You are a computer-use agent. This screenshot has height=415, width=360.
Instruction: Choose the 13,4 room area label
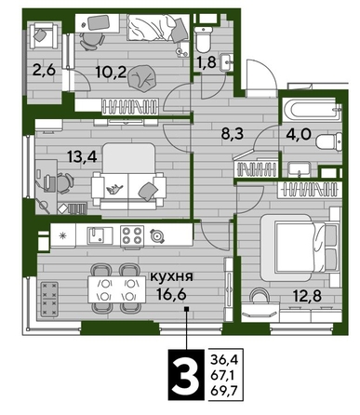pos(58,154)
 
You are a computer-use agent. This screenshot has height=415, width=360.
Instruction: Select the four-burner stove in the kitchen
pos(128,234)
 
